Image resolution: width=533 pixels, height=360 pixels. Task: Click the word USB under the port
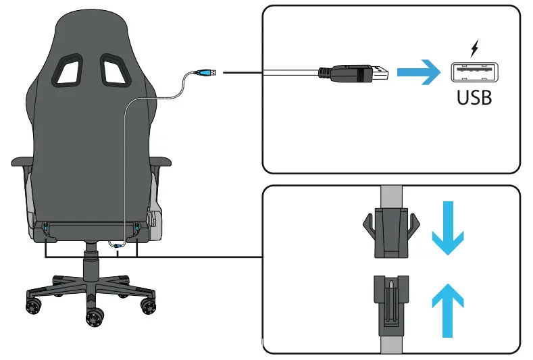point(474,97)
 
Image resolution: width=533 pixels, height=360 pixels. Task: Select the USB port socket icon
point(474,72)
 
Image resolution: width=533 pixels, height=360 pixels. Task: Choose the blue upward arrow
point(447,309)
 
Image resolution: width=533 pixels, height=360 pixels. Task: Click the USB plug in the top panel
point(355,74)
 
